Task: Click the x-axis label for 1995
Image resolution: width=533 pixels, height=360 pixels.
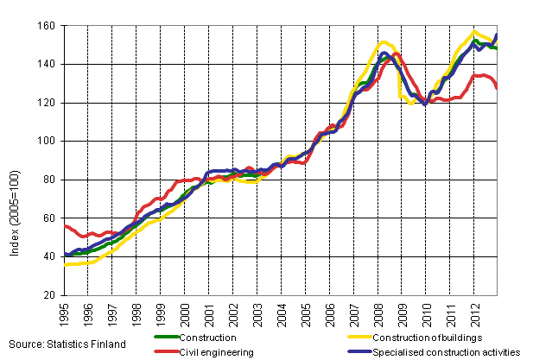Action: pos(65,313)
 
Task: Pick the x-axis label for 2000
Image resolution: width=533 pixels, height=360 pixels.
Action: pos(185,313)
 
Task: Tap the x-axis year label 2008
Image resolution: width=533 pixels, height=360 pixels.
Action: pos(378,313)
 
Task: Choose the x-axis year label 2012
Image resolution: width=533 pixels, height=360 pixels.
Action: pos(475,313)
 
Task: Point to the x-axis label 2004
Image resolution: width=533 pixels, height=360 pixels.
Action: pos(282,313)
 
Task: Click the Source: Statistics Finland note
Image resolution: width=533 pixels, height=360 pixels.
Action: pos(64,344)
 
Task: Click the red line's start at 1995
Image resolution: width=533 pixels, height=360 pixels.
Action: pos(66,225)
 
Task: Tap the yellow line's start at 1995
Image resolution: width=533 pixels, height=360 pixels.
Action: pos(66,265)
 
